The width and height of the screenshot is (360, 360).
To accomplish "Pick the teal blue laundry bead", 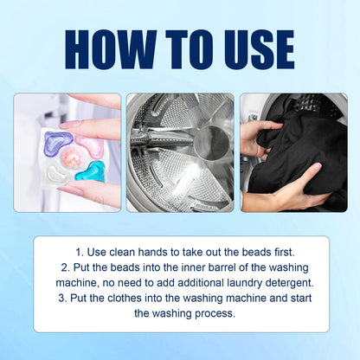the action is coord(91,171).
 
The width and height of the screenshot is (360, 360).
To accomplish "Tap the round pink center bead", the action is coord(74,157).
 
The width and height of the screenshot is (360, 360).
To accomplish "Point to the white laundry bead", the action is coord(58,174).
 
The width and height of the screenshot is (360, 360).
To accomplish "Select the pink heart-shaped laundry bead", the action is coord(90,145).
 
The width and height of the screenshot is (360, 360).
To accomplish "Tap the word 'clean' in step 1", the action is coord(122,253).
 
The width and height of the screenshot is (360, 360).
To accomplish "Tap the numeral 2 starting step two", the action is coord(65,267).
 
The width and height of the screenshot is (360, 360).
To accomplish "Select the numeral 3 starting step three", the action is coord(62,298).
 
